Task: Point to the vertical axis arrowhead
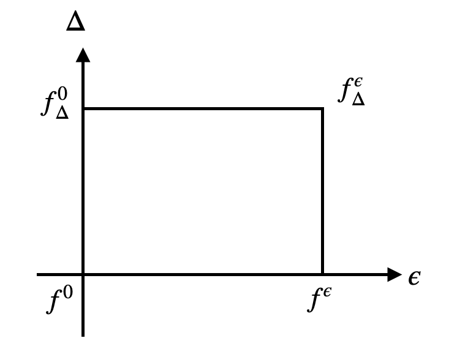point(83,55)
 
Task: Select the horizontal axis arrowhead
point(394,274)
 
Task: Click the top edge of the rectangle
point(202,109)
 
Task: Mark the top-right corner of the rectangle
point(322,109)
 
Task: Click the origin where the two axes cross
point(83,274)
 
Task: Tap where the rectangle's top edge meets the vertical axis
point(83,109)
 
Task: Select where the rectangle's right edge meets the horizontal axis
point(322,274)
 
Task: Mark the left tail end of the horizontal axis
point(38,274)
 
